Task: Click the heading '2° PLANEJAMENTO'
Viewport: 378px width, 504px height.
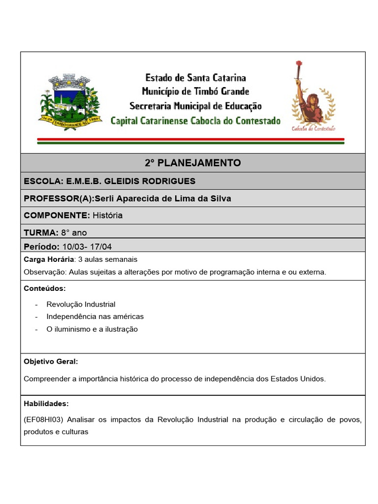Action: click(x=193, y=163)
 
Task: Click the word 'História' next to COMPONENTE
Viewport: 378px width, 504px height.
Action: click(x=107, y=216)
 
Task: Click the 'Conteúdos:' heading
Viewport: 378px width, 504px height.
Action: click(x=44, y=288)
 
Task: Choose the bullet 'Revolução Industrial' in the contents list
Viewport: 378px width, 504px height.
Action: click(x=81, y=304)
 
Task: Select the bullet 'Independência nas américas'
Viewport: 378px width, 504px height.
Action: click(x=95, y=316)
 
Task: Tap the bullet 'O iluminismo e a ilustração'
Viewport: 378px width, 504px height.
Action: click(x=92, y=329)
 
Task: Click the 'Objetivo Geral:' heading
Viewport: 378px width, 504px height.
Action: click(x=51, y=361)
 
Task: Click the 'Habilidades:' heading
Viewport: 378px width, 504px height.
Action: click(x=46, y=404)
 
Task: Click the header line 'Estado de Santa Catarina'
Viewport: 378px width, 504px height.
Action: click(x=195, y=78)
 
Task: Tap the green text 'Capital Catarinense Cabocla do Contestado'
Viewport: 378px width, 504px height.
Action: click(x=195, y=121)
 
